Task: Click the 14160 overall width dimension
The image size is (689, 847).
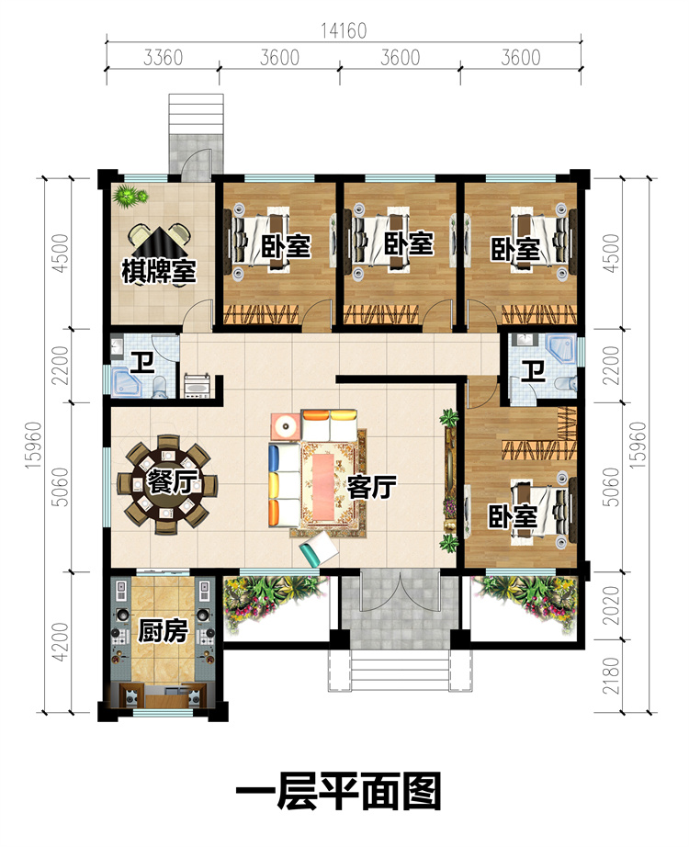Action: pyautogui.click(x=344, y=31)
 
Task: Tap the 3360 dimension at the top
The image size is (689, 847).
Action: pyautogui.click(x=163, y=57)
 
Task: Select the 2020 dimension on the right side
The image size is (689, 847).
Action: pyautogui.click(x=610, y=605)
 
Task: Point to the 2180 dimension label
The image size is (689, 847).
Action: pyautogui.click(x=610, y=676)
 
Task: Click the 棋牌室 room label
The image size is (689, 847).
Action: pyautogui.click(x=158, y=271)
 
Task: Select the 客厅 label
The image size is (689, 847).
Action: pyautogui.click(x=372, y=487)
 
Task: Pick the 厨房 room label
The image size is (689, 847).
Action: pyautogui.click(x=163, y=630)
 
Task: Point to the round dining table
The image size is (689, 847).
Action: pyautogui.click(x=167, y=484)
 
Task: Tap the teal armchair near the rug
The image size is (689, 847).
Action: pyautogui.click(x=319, y=549)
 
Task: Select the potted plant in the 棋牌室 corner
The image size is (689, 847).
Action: pyautogui.click(x=130, y=196)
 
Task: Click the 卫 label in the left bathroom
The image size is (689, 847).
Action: pyautogui.click(x=143, y=363)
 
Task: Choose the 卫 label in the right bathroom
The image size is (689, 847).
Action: pyautogui.click(x=533, y=372)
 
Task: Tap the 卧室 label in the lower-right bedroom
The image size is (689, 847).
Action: pyautogui.click(x=513, y=517)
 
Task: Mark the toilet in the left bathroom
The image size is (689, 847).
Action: pyautogui.click(x=160, y=387)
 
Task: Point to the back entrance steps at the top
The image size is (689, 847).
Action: pyautogui.click(x=196, y=114)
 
